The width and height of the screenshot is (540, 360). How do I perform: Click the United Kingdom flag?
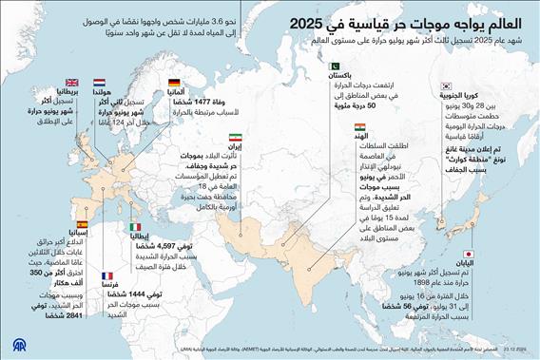72,84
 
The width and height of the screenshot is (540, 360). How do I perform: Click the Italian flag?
135,227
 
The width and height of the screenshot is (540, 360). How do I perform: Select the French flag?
106,275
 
